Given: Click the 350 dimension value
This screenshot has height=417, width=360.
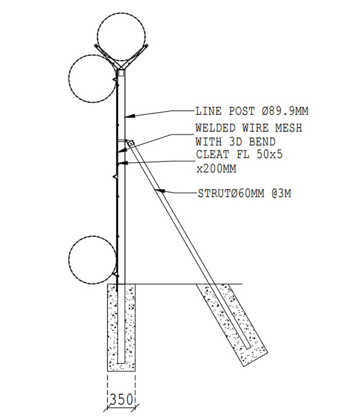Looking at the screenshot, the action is point(121,399).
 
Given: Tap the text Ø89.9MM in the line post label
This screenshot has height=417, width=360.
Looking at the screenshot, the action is point(285,111).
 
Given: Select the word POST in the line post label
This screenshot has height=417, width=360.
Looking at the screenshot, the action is point(242,111).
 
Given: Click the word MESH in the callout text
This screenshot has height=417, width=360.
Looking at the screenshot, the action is point(289,128).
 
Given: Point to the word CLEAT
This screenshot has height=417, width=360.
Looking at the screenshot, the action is point(212,154).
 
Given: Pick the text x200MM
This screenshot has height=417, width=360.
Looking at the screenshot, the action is point(216,169).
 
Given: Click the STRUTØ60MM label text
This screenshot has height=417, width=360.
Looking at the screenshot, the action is point(231,194).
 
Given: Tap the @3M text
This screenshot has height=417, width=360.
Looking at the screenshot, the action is point(281,194).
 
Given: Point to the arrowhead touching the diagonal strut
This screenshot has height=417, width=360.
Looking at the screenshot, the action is point(160,190).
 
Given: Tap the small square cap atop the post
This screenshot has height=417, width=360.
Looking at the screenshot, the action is point(121,73).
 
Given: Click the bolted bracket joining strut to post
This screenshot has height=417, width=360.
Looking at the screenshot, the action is point(130,144).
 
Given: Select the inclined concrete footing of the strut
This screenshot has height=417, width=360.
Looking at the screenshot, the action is point(232,325).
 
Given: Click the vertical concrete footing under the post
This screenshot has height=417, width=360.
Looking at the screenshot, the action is point(121,327).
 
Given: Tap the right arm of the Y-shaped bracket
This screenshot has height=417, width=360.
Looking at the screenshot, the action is point(135,57).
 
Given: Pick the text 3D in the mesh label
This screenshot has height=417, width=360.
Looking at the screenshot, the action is point(236,142).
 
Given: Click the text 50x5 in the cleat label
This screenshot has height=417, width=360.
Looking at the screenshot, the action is point(269,154).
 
